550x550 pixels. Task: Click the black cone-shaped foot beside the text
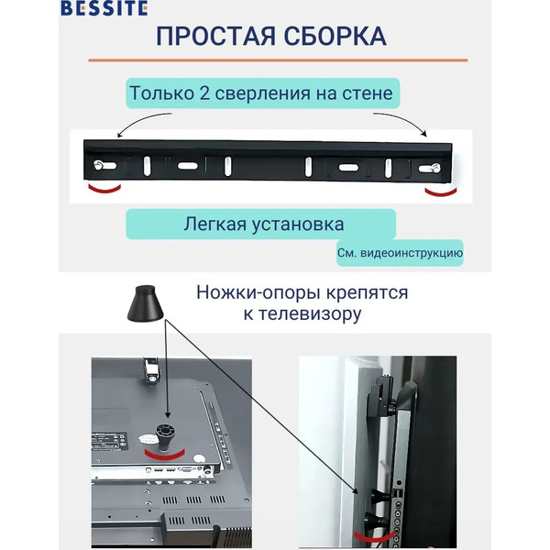click(x=145, y=302)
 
